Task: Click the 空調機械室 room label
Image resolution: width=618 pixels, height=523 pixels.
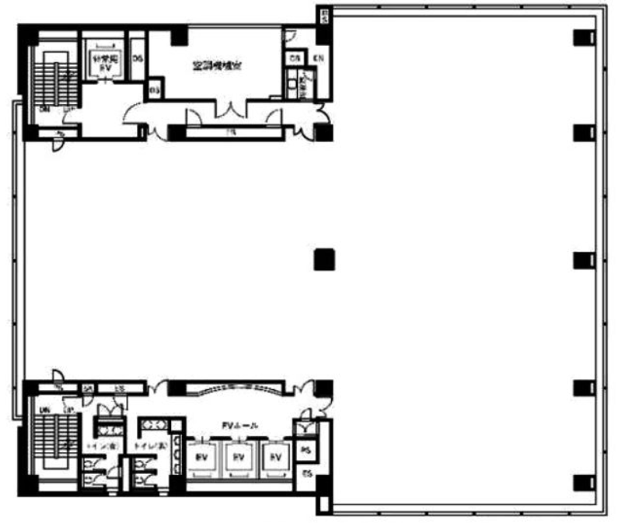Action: [x=217, y=66]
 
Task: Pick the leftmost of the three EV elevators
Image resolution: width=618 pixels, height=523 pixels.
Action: [x=201, y=457]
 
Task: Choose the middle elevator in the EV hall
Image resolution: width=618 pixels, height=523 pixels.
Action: [x=238, y=457]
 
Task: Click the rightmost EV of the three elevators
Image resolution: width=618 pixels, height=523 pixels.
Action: [x=274, y=457]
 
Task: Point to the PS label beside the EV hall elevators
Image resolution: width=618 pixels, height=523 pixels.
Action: [x=306, y=450]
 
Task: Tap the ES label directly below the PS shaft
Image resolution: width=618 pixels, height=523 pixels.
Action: [x=306, y=474]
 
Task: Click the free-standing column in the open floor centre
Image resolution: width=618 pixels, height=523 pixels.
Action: [x=324, y=259]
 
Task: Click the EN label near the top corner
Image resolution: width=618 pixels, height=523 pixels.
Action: [x=318, y=58]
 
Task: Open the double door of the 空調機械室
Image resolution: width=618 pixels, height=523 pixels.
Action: [x=230, y=112]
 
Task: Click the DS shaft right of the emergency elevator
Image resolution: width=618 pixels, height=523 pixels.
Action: [x=138, y=58]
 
